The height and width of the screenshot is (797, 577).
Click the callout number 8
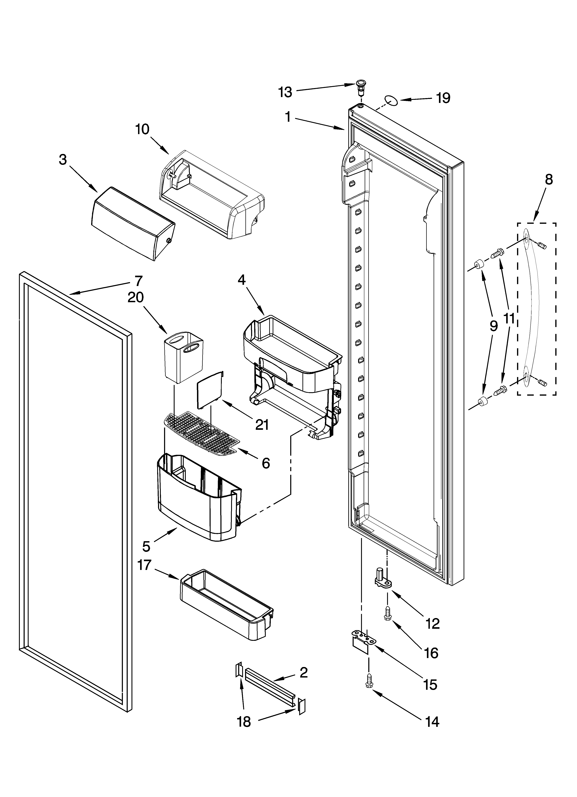[549, 180]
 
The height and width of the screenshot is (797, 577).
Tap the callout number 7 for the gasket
[138, 281]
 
